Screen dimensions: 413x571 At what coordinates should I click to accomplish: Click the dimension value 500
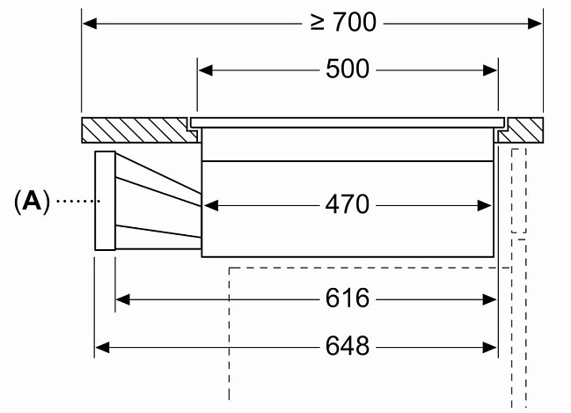pyautogui.click(x=348, y=70)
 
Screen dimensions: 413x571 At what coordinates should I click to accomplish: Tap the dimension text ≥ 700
pyautogui.click(x=343, y=22)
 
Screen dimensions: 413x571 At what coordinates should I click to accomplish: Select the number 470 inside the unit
pyautogui.click(x=348, y=205)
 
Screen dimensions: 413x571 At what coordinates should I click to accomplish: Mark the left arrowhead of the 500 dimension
pyautogui.click(x=205, y=70)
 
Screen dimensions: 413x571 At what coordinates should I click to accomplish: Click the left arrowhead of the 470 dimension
pyautogui.click(x=209, y=206)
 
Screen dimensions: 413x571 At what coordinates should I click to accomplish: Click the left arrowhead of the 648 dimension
pyautogui.click(x=102, y=347)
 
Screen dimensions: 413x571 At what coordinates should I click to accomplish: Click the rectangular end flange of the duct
pyautogui.click(x=105, y=202)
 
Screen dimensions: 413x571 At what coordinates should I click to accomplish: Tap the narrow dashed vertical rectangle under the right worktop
pyautogui.click(x=519, y=190)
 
